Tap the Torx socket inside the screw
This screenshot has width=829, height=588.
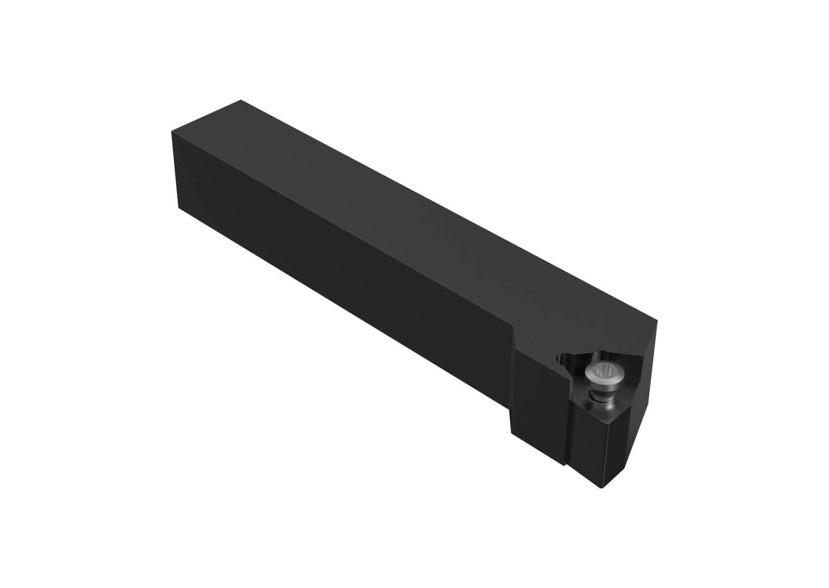point(604,370)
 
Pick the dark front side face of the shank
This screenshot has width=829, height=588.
point(337,269)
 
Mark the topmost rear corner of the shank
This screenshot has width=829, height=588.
point(241,100)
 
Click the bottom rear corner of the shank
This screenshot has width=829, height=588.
point(179,208)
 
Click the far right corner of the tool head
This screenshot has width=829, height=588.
point(658,322)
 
